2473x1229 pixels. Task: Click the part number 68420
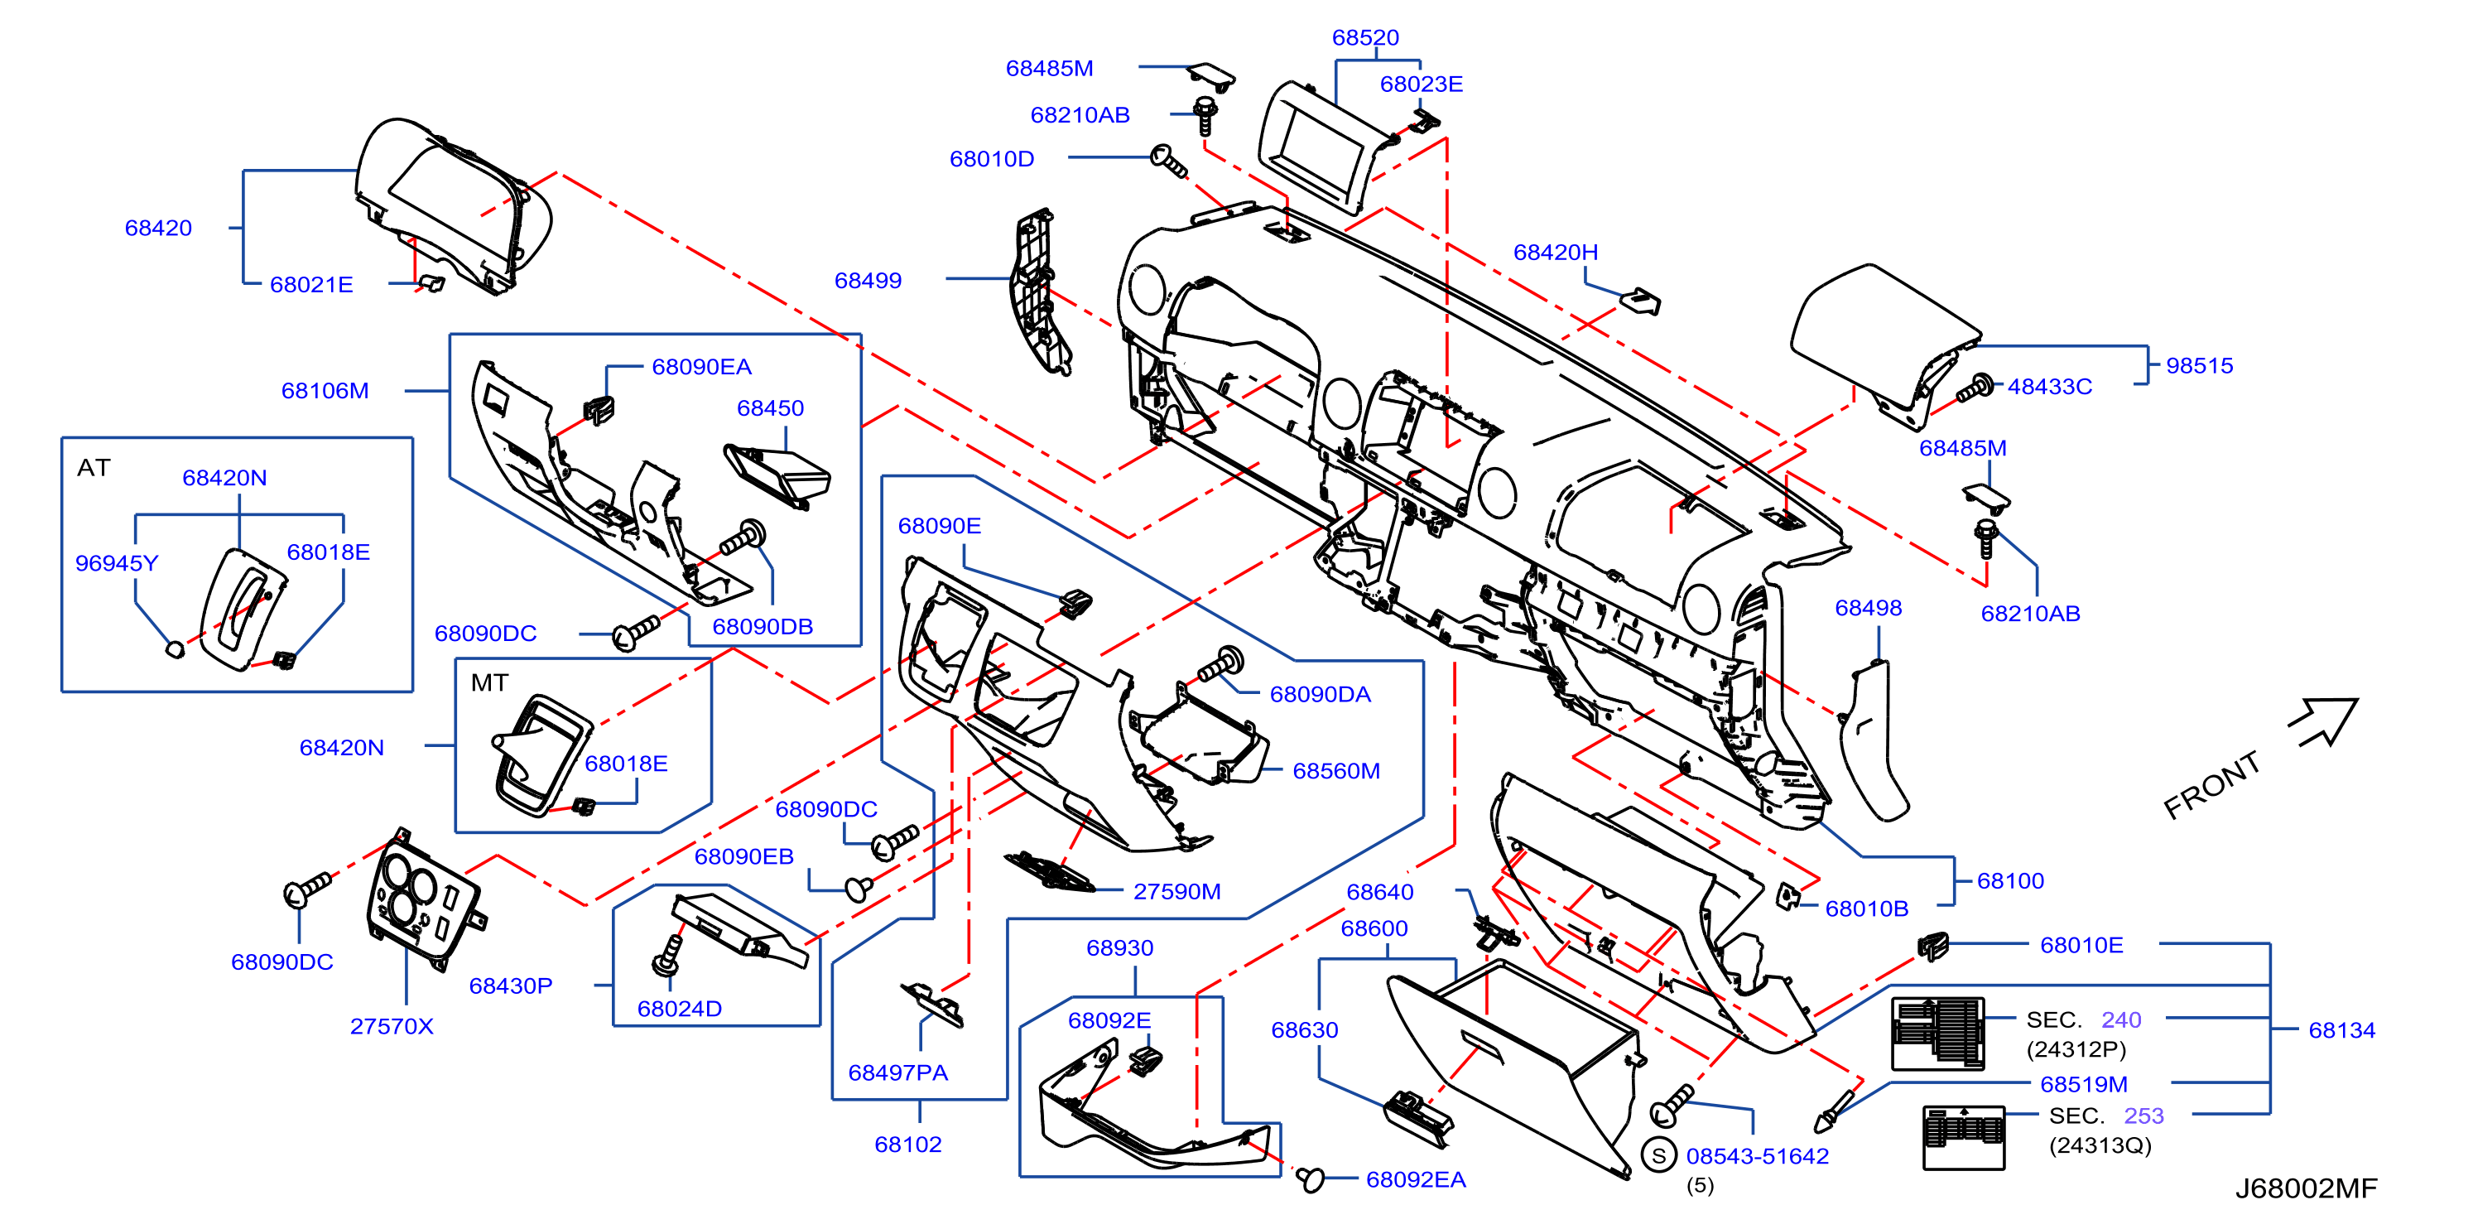pyautogui.click(x=158, y=228)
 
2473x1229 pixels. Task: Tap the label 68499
pyautogui.click(x=868, y=281)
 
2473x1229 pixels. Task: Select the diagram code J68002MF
pyautogui.click(x=2306, y=1188)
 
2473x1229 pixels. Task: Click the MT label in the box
pyautogui.click(x=489, y=682)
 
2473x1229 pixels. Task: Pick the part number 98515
pyautogui.click(x=2200, y=366)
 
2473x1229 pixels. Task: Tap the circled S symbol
pyautogui.click(x=1659, y=1155)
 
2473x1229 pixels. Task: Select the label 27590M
pyautogui.click(x=1177, y=891)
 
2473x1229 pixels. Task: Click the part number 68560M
pyautogui.click(x=1336, y=771)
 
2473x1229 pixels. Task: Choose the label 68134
pyautogui.click(x=2341, y=1030)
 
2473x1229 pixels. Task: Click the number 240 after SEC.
pyautogui.click(x=2120, y=1019)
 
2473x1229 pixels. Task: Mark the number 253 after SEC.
pyautogui.click(x=2143, y=1116)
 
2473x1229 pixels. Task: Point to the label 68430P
pyautogui.click(x=511, y=986)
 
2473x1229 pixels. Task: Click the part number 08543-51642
pyautogui.click(x=1758, y=1156)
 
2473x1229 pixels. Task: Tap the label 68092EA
pyautogui.click(x=1416, y=1180)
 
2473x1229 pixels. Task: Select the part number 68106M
pyautogui.click(x=325, y=391)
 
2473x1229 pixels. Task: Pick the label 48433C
pyautogui.click(x=2050, y=387)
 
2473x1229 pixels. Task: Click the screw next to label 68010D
pyautogui.click(x=1168, y=162)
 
